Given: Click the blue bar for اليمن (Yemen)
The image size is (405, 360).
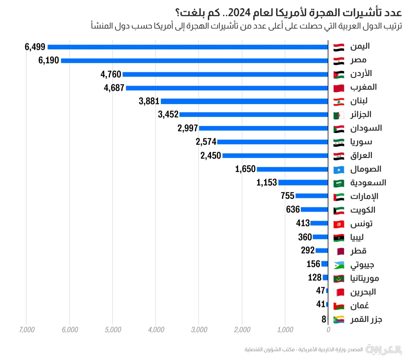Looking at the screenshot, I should click(187, 47).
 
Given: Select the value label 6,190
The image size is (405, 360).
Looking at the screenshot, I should click(49, 60).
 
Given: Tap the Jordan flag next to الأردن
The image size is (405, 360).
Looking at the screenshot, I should click(339, 75).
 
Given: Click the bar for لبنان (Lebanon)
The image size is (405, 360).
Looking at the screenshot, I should click(244, 101).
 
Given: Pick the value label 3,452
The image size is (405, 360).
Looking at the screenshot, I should click(168, 114).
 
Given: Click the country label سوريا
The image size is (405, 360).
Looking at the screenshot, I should click(361, 142).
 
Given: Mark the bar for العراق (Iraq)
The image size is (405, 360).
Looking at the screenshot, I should click(275, 156).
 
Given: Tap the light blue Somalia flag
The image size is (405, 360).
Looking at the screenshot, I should click(339, 170).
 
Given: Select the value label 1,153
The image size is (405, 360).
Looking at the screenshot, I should click(267, 183).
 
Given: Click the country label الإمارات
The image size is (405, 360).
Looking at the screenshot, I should click(364, 197).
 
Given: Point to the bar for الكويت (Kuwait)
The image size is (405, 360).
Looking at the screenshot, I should click(314, 210).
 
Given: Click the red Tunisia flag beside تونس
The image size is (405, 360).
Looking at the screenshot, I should click(339, 224).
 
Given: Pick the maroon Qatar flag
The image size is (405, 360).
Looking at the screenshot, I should click(339, 251).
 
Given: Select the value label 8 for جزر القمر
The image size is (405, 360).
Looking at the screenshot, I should click(324, 319).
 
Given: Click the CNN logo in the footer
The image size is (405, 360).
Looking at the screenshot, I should click(374, 349).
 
